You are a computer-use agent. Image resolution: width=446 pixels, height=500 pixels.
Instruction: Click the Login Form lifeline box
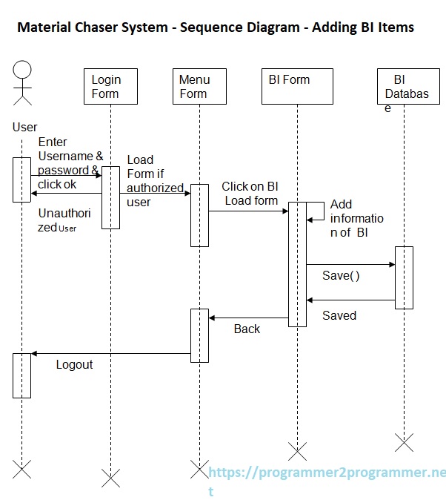tap(110, 86)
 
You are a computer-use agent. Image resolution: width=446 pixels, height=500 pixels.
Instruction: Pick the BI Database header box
tap(404, 86)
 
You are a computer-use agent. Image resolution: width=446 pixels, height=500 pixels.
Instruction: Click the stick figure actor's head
tap(23, 71)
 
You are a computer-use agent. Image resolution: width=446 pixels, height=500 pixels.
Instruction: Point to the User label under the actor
tap(24, 127)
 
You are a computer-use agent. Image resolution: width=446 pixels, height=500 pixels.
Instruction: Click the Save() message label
tap(341, 276)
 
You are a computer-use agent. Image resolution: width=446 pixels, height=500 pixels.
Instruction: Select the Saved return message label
tap(339, 315)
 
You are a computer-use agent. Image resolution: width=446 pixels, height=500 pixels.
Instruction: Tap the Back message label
tap(247, 329)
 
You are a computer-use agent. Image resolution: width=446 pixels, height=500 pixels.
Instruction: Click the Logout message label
tap(75, 364)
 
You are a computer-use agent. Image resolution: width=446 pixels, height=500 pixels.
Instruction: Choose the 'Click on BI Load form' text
tap(250, 194)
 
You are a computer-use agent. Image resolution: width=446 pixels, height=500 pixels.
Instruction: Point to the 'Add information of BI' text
tap(356, 218)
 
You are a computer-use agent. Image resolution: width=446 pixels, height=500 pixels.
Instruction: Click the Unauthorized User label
tap(64, 220)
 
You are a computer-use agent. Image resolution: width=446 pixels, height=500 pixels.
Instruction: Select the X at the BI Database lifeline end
tap(404, 443)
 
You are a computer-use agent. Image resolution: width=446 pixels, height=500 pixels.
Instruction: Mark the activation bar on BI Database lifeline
tap(404, 277)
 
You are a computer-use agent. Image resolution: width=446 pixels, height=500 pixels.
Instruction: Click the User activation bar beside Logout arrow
tap(22, 375)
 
